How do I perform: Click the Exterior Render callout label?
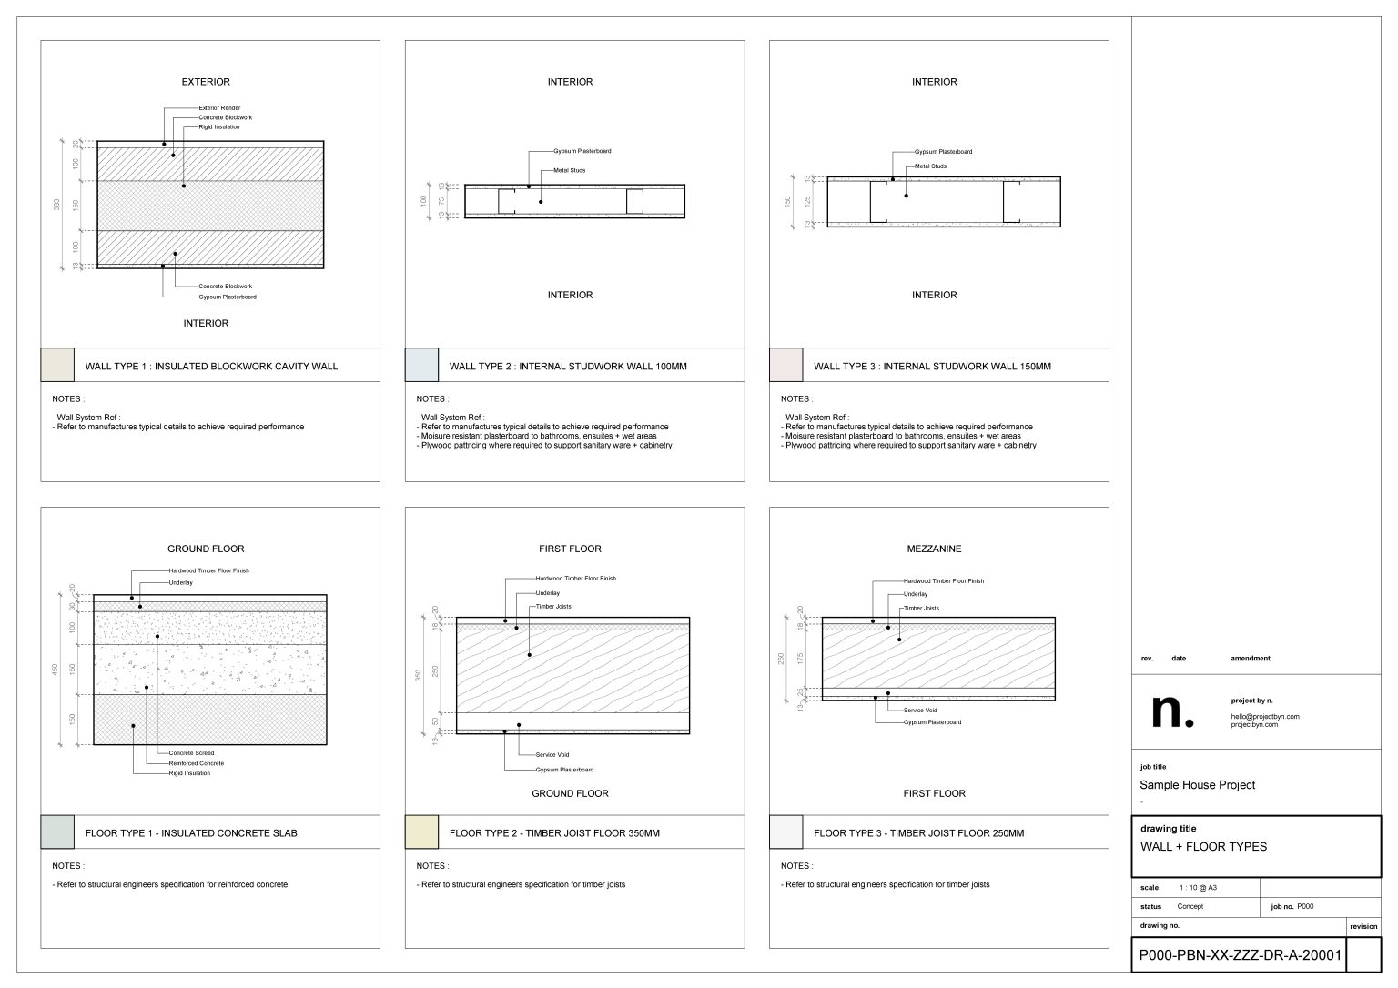click(219, 108)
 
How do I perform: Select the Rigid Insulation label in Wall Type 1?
click(219, 127)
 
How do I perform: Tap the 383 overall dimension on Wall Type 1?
click(56, 206)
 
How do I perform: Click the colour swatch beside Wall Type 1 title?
click(56, 365)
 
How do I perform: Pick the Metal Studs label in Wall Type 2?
click(569, 170)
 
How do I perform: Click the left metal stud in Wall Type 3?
click(878, 202)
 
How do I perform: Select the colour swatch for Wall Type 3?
click(785, 365)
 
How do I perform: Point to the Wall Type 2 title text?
click(568, 367)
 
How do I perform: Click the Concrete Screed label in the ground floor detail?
click(191, 753)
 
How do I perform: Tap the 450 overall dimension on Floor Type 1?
click(56, 670)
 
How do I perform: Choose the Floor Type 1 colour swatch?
click(56, 832)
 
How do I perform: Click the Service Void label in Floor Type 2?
click(552, 755)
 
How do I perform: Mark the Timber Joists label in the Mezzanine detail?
click(921, 608)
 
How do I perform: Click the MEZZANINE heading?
click(934, 549)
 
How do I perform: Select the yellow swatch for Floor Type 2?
click(421, 832)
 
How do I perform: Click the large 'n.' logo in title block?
click(1172, 711)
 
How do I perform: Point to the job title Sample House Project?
click(1197, 785)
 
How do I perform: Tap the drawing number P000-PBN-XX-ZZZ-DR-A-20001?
click(1240, 955)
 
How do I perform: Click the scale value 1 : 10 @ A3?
click(1197, 887)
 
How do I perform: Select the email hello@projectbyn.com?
click(1265, 717)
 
